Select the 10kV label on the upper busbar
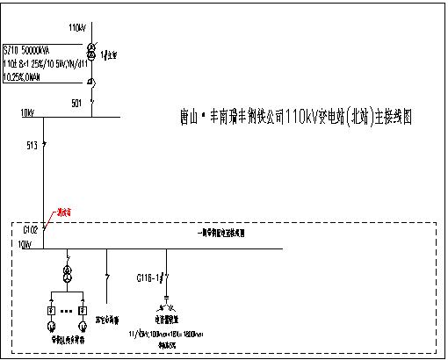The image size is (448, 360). [x=26, y=112]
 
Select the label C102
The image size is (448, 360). [x=31, y=230]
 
